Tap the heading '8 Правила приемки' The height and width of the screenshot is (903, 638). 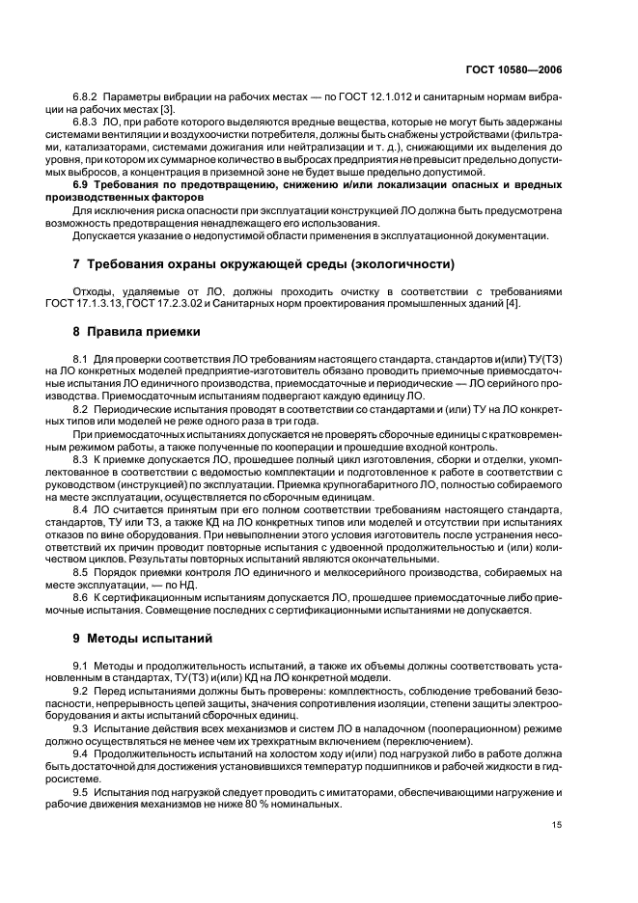point(137,332)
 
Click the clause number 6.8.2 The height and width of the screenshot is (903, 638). point(88,97)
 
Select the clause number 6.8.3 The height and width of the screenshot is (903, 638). point(88,121)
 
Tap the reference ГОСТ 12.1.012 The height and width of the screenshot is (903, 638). point(359,97)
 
